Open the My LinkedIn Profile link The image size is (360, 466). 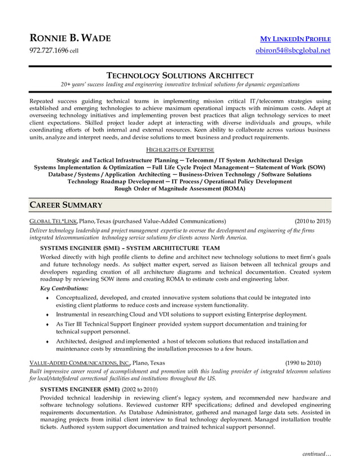295,39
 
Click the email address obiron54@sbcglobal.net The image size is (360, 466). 293,51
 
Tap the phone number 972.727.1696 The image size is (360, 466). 49,51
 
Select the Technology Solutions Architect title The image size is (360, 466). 180,75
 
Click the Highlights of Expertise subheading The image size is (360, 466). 180,150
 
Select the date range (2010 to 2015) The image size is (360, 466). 313,221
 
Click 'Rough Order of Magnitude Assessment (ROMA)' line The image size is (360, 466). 180,189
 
